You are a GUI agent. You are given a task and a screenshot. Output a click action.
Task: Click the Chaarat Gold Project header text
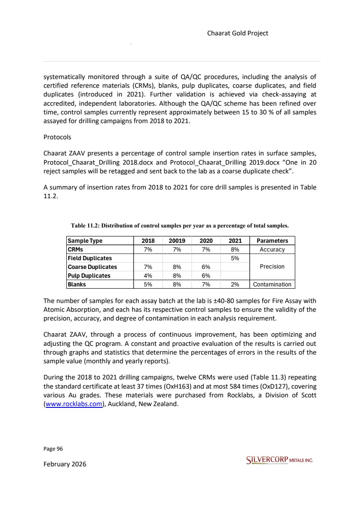(243, 33)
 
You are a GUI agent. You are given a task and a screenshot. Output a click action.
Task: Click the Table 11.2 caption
(180, 226)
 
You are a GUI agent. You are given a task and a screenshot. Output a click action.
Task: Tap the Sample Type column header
(85, 241)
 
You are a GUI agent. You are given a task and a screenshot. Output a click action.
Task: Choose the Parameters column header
(272, 241)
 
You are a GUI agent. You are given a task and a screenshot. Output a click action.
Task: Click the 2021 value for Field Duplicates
(235, 258)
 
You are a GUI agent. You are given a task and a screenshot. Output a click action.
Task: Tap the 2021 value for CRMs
(235, 249)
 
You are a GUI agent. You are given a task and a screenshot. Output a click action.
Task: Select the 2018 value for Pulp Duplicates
(147, 276)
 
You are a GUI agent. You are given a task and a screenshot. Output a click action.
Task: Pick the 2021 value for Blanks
(235, 284)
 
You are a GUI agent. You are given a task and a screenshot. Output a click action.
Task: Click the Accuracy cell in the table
(272, 249)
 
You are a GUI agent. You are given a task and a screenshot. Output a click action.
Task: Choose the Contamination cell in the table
(272, 284)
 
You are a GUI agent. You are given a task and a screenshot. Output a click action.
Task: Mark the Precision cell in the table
(272, 266)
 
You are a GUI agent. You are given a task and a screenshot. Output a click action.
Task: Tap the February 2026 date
(65, 464)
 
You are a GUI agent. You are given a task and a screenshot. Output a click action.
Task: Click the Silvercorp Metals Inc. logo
(280, 461)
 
